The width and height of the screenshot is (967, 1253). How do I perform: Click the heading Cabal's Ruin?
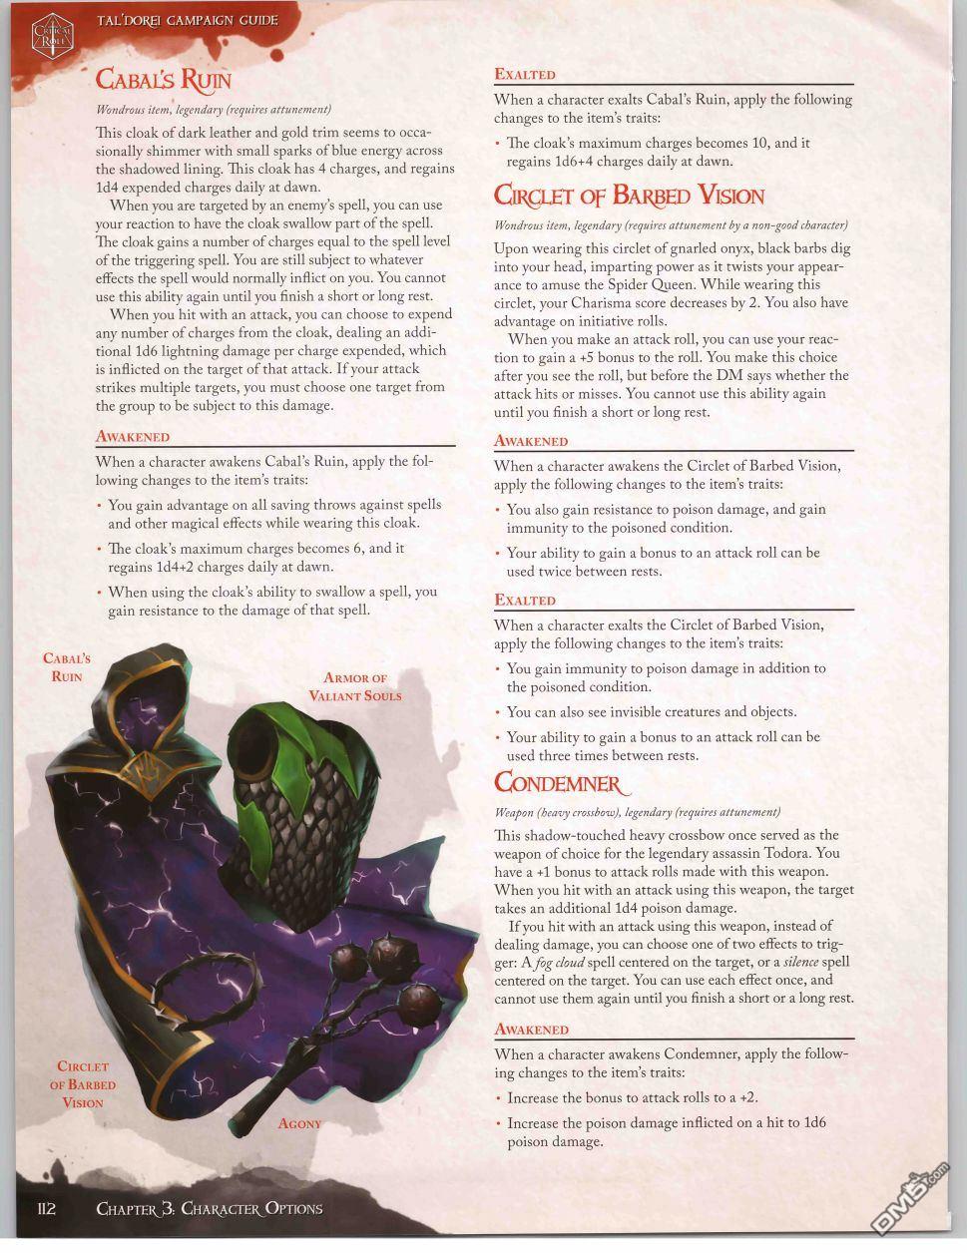163,79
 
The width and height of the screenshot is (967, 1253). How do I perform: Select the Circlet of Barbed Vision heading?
629,195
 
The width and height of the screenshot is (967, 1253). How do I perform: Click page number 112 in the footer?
46,1208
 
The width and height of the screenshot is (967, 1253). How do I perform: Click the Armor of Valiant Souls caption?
354,686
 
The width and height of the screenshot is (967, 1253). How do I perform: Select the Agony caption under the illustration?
299,1123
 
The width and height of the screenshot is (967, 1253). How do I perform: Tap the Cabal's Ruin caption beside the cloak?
66,667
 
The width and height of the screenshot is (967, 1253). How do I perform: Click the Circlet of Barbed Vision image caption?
83,1084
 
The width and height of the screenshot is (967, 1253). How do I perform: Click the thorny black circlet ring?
196,988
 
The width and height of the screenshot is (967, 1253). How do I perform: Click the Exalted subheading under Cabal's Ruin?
525,75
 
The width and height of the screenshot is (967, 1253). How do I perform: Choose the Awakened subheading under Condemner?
531,1030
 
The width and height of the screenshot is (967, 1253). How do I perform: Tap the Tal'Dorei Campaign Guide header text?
187,20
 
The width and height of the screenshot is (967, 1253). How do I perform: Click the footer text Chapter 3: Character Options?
210,1208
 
